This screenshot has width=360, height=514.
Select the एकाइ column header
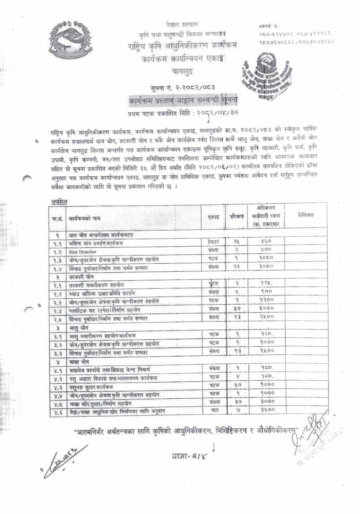(214, 216)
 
